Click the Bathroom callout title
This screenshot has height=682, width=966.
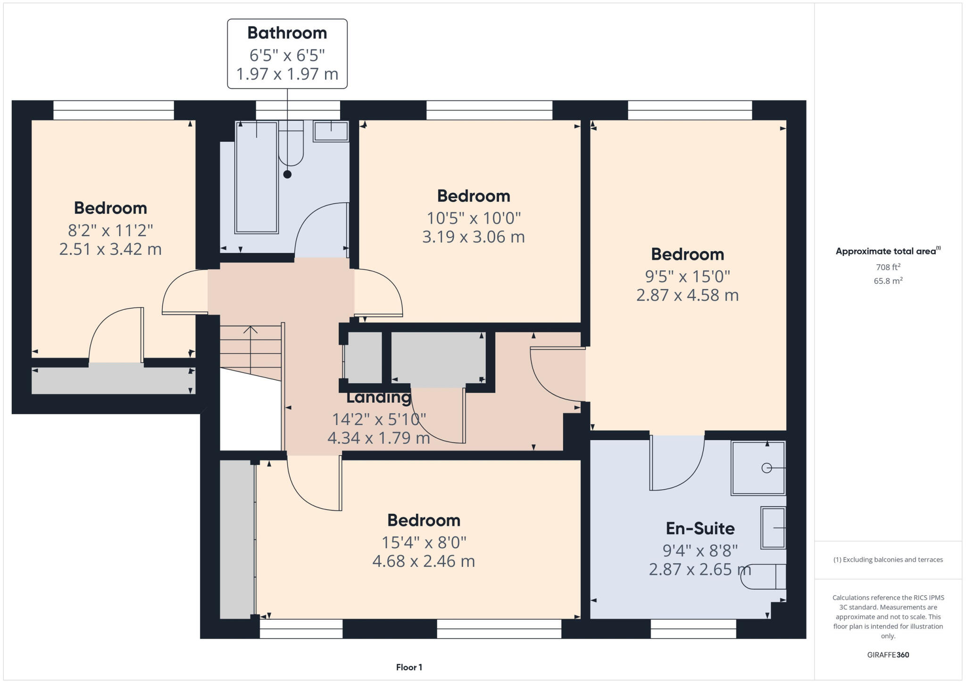coord(287,33)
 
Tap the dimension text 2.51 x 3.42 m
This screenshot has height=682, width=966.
coord(110,249)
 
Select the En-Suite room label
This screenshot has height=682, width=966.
coord(700,528)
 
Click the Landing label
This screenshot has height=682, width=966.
coord(378,397)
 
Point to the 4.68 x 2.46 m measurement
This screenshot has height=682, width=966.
coord(423,561)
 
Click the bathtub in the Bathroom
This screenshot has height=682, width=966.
coord(256,178)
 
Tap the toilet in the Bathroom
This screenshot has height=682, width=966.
coord(291,144)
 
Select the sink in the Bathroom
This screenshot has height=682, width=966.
coord(331,131)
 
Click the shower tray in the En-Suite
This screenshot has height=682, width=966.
coord(758,468)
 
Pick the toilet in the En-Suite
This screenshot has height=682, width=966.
coord(764,577)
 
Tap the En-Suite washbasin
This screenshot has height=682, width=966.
coord(773,528)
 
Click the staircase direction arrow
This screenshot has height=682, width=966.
coord(250,330)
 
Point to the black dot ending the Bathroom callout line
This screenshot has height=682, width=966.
coord(287,174)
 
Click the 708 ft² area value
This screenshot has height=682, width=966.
coord(888,267)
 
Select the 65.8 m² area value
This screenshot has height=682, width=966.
coord(888,281)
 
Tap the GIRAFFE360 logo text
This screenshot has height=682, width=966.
coord(888,655)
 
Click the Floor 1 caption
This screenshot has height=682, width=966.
coord(409,667)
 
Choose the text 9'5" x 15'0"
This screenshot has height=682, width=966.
coord(687,276)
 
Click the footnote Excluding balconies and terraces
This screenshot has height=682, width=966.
coord(888,559)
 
